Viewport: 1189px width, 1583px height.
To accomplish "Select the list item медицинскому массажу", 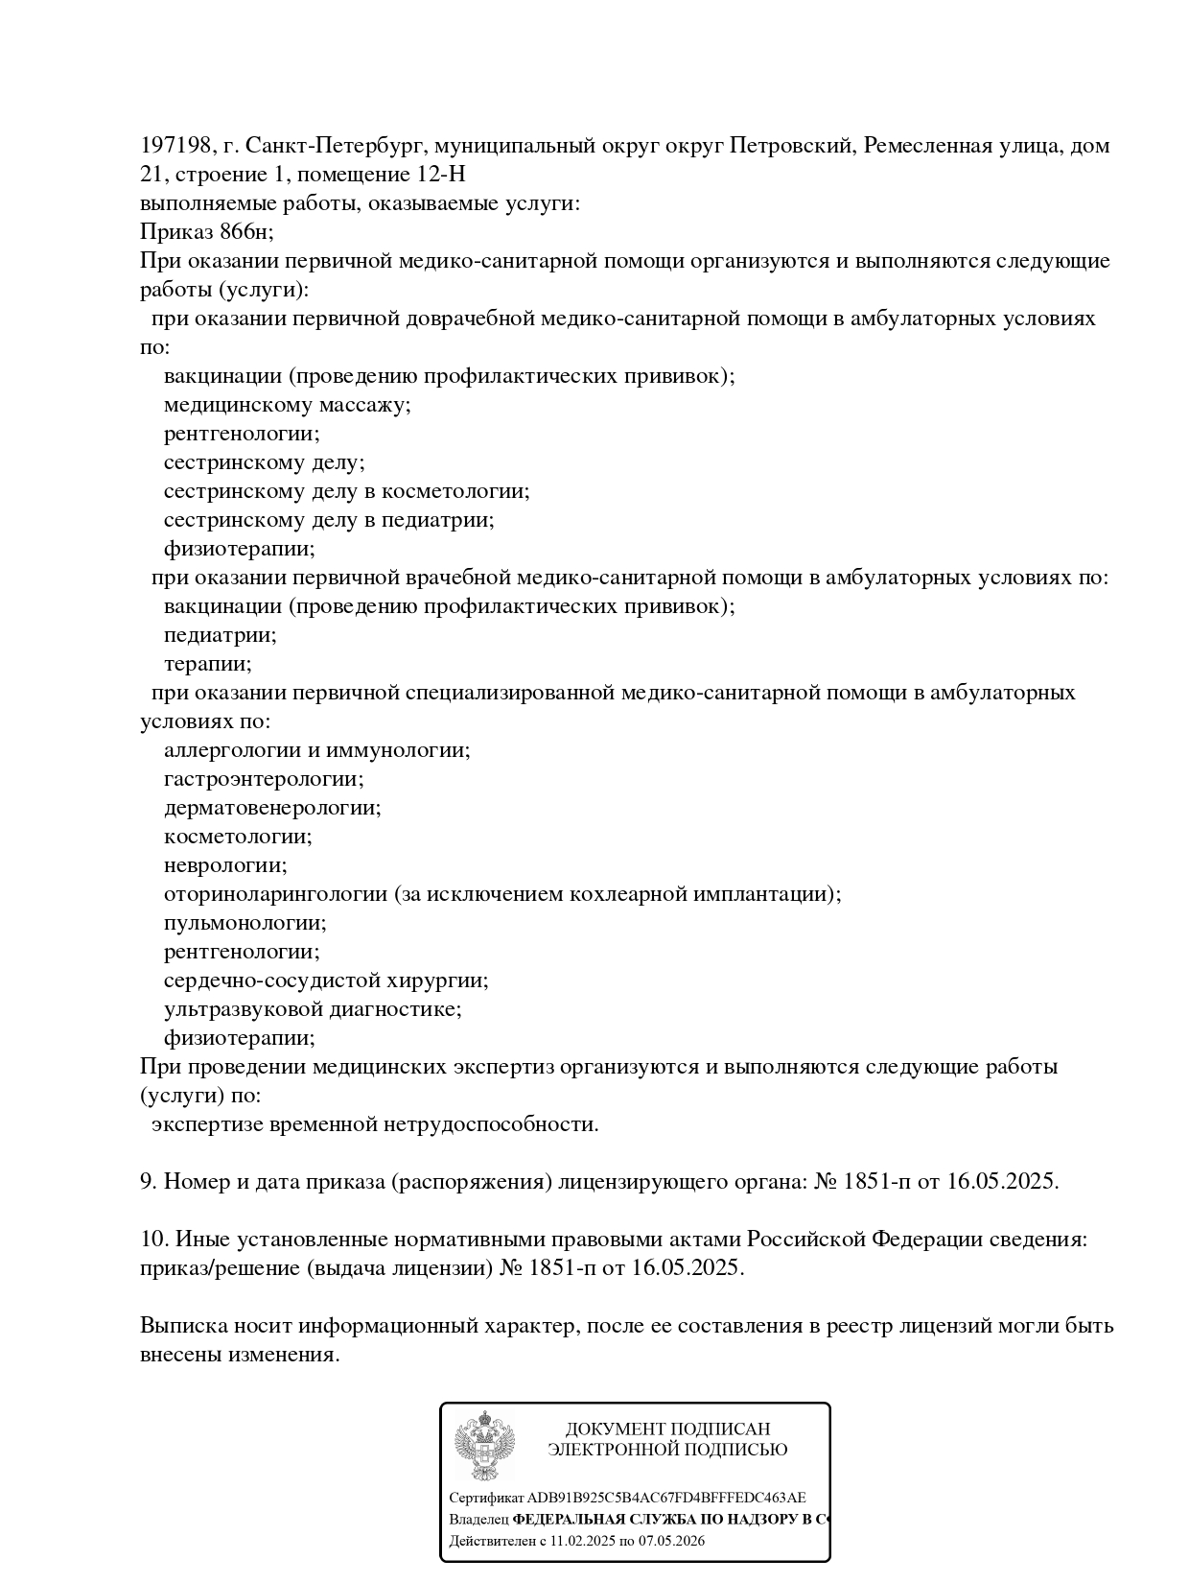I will (x=287, y=405).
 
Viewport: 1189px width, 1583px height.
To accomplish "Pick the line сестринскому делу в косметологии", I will (x=346, y=491).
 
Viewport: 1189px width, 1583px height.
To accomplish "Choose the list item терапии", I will (x=207, y=664).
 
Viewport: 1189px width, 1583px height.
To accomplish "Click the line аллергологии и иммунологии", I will (x=316, y=750).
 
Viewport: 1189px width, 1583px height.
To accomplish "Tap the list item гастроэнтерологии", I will (x=264, y=779).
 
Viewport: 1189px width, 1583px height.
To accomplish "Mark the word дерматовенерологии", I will (x=272, y=808).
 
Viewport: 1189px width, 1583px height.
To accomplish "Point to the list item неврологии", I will (x=225, y=865).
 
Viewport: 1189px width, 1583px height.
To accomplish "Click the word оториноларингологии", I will (x=275, y=894).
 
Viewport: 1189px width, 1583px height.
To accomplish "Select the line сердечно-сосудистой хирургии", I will (x=326, y=981).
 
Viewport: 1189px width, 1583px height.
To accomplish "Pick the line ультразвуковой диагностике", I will (x=313, y=1009).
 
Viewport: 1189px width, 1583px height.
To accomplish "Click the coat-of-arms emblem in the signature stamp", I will (x=484, y=1445).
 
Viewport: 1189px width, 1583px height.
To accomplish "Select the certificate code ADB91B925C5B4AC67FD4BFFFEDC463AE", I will (x=666, y=1498).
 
